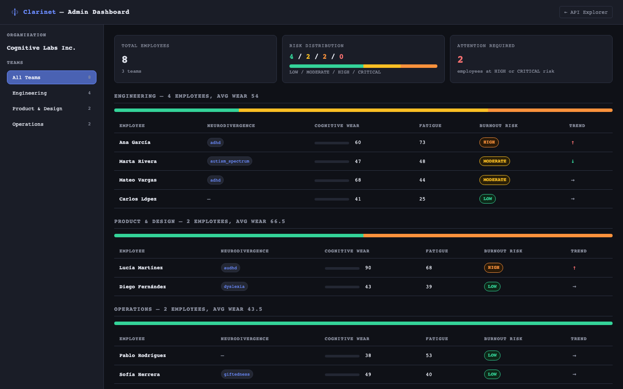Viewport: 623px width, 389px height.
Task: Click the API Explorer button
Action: tap(586, 12)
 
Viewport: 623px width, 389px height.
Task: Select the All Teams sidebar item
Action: tap(51, 77)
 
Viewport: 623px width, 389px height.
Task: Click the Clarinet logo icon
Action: tap(15, 12)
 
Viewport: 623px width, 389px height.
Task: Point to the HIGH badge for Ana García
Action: tap(489, 142)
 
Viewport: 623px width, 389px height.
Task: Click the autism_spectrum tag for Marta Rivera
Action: tap(230, 161)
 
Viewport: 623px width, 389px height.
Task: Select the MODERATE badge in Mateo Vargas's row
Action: tap(495, 180)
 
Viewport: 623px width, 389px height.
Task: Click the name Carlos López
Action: tap(138, 199)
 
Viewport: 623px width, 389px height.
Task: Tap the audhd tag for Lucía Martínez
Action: tap(230, 268)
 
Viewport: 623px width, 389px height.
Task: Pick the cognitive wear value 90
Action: tap(368, 268)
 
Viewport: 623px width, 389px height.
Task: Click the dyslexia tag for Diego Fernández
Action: tap(234, 287)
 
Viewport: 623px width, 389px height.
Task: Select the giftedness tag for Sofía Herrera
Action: tap(237, 374)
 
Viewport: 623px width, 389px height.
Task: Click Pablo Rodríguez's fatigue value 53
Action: tap(429, 356)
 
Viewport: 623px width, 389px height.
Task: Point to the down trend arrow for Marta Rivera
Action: tap(573, 161)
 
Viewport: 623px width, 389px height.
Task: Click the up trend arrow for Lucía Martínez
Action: tap(574, 268)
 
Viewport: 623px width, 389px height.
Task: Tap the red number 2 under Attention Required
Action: tap(460, 60)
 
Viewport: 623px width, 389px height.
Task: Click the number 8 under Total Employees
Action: tap(125, 60)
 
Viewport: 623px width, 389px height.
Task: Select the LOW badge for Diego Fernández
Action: tap(492, 287)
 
